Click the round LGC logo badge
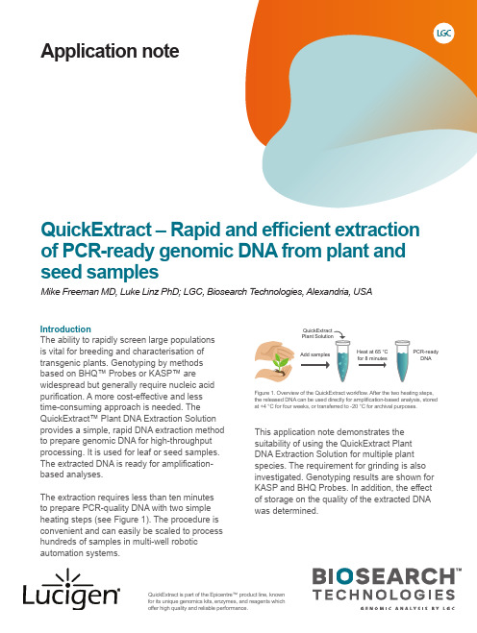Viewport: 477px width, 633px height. [x=443, y=33]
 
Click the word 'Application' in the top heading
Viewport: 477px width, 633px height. [x=84, y=52]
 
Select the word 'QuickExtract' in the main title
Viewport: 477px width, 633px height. [x=96, y=230]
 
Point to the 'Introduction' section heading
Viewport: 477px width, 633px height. [x=65, y=329]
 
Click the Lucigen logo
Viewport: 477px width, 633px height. [x=71, y=590]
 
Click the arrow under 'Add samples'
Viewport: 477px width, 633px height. [x=314, y=365]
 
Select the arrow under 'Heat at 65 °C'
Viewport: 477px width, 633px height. [x=372, y=365]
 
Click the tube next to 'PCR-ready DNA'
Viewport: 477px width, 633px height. [x=402, y=361]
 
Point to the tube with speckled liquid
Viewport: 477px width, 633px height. [x=342, y=361]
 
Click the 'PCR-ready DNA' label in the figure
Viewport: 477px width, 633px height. [x=426, y=354]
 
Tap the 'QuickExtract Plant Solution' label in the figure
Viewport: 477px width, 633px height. [x=317, y=333]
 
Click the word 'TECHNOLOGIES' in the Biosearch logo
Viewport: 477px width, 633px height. [x=384, y=595]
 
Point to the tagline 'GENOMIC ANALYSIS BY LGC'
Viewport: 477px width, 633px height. [x=408, y=608]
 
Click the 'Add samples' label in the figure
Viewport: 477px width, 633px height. [x=314, y=354]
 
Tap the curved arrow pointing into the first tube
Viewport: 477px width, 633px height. [x=340, y=333]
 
